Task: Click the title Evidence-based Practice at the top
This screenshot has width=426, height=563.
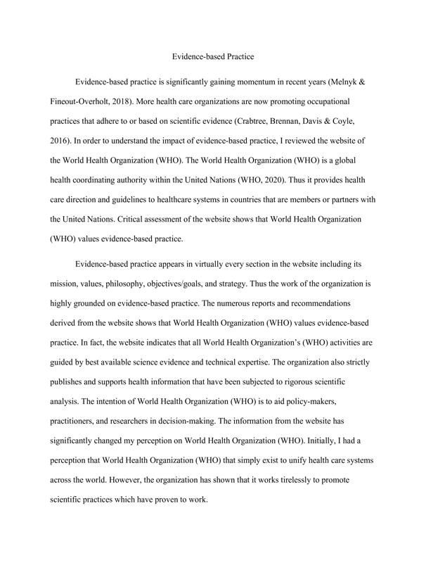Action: coord(213,54)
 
